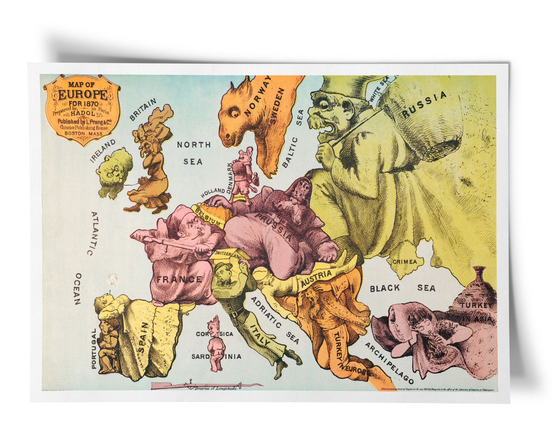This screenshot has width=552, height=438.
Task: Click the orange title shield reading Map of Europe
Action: click(82, 109)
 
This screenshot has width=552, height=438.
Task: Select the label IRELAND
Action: click(102, 151)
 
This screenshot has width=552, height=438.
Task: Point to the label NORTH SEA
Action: click(194, 153)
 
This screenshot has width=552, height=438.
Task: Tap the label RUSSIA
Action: click(424, 104)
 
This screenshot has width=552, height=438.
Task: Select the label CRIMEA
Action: click(404, 261)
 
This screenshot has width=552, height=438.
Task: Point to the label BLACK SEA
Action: click(402, 288)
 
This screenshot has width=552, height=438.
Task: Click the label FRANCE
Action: click(178, 279)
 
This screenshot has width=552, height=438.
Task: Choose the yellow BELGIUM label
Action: click(208, 216)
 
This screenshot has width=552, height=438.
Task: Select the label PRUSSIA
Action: click(275, 228)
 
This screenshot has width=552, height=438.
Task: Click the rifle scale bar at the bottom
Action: click(205, 385)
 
